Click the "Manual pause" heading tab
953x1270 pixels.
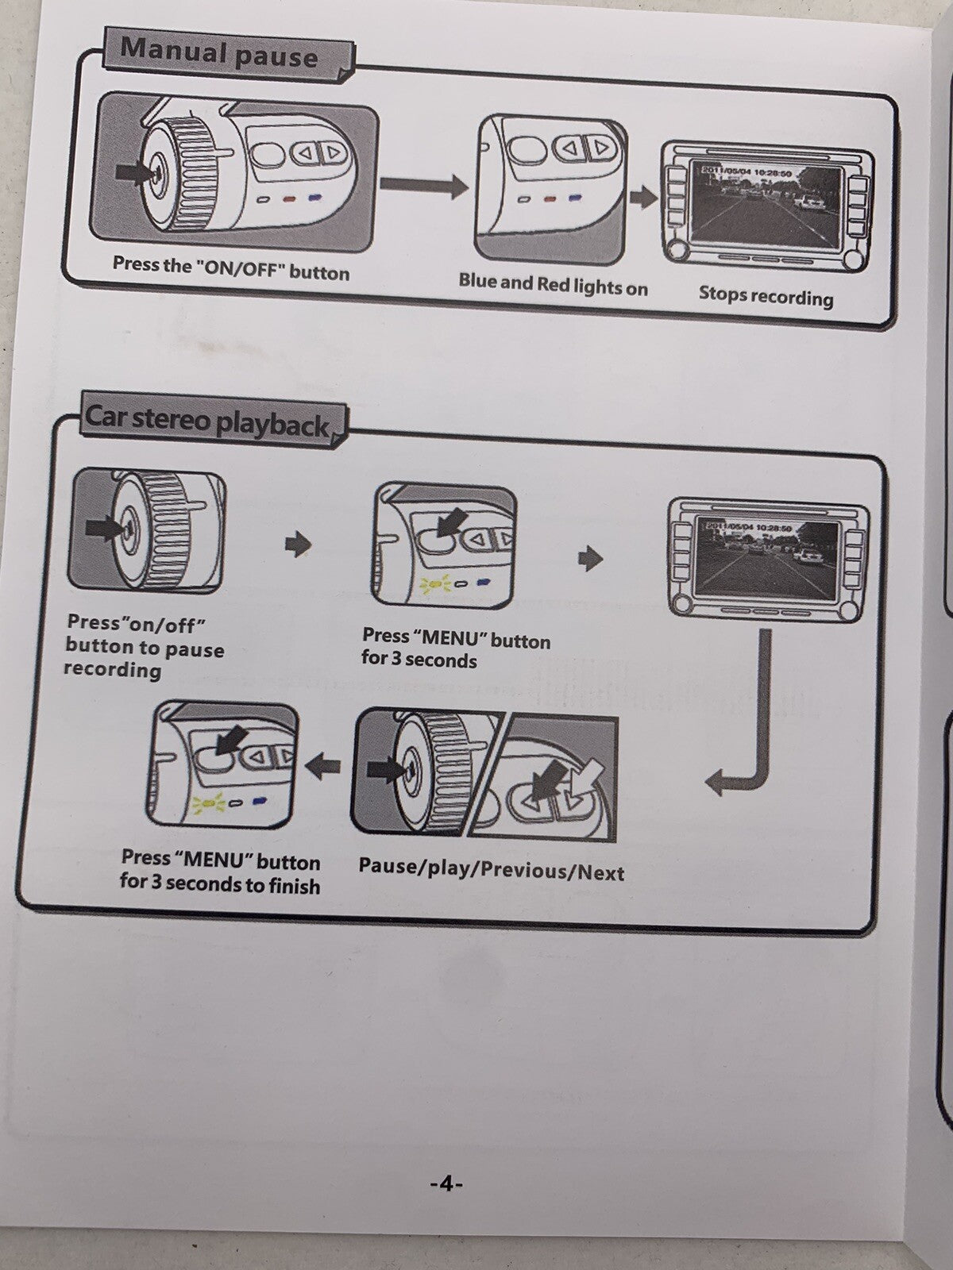219,54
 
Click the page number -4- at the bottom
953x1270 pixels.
446,1183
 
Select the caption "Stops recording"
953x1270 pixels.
766,296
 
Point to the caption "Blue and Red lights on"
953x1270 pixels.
553,284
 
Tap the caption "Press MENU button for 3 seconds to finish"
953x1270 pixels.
221,871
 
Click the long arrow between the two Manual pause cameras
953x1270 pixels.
424,186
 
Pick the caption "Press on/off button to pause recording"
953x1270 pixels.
144,646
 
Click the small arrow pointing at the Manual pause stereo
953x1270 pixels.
643,197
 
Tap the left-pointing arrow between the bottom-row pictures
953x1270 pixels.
323,766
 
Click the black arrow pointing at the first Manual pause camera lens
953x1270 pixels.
133,170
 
